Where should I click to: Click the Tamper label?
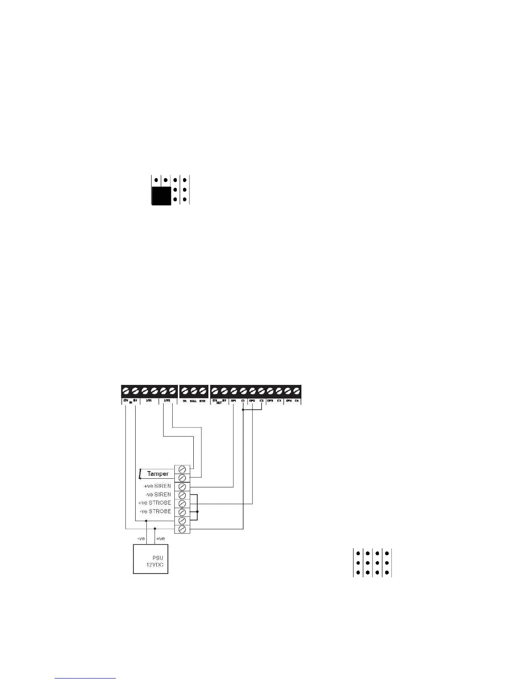tap(158, 474)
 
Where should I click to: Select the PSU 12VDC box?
tap(150, 559)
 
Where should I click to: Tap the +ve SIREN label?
tap(157, 486)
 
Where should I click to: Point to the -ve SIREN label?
tap(158, 495)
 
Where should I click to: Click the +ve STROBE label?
tap(155, 503)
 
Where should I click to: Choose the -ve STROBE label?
tap(155, 512)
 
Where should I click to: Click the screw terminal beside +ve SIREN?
tap(182, 487)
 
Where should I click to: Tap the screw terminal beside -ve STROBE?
tap(182, 512)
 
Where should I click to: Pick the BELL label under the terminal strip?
tap(193, 401)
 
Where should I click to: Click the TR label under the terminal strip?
tap(184, 401)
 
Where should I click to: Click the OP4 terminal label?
tap(289, 401)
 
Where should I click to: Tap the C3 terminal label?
tap(279, 401)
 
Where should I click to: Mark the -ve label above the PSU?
tap(141, 539)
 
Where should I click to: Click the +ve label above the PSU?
tap(160, 539)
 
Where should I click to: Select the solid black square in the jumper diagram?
tap(161, 196)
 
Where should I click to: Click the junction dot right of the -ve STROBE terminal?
tap(197, 512)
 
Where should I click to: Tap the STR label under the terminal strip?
tap(202, 401)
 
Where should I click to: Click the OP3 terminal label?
tap(270, 401)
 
